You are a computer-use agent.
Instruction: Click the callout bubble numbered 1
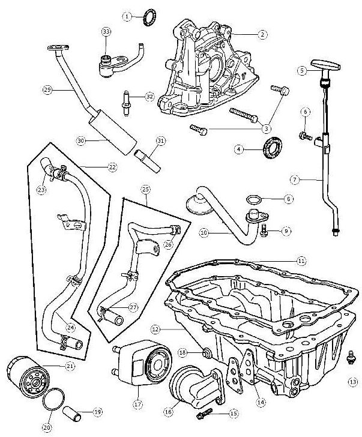click(127, 17)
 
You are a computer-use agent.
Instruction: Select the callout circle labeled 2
click(262, 35)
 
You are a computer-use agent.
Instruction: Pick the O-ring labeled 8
click(255, 199)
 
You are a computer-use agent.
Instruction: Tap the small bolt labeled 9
click(264, 229)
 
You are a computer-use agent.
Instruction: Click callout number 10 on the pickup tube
click(204, 232)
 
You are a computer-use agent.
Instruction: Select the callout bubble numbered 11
click(301, 261)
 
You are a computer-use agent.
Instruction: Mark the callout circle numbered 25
click(145, 188)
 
